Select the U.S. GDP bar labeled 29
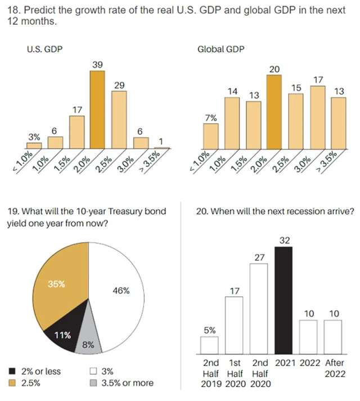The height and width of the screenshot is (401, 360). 119,119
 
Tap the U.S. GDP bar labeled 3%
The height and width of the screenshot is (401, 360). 34,145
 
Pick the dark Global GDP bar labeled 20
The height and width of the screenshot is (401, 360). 274,112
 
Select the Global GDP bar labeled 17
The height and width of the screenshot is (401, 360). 318,117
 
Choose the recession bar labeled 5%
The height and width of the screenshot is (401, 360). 209,344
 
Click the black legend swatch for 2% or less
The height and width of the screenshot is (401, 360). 12,371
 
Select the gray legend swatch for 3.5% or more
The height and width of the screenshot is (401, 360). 94,383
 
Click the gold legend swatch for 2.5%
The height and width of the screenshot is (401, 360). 12,383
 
